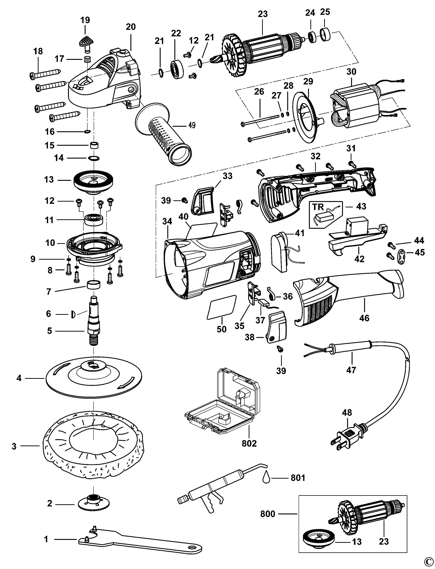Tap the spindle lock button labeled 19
point(85,41)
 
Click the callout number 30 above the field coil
point(351,72)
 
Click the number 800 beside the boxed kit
point(268,521)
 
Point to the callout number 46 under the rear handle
point(364,318)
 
